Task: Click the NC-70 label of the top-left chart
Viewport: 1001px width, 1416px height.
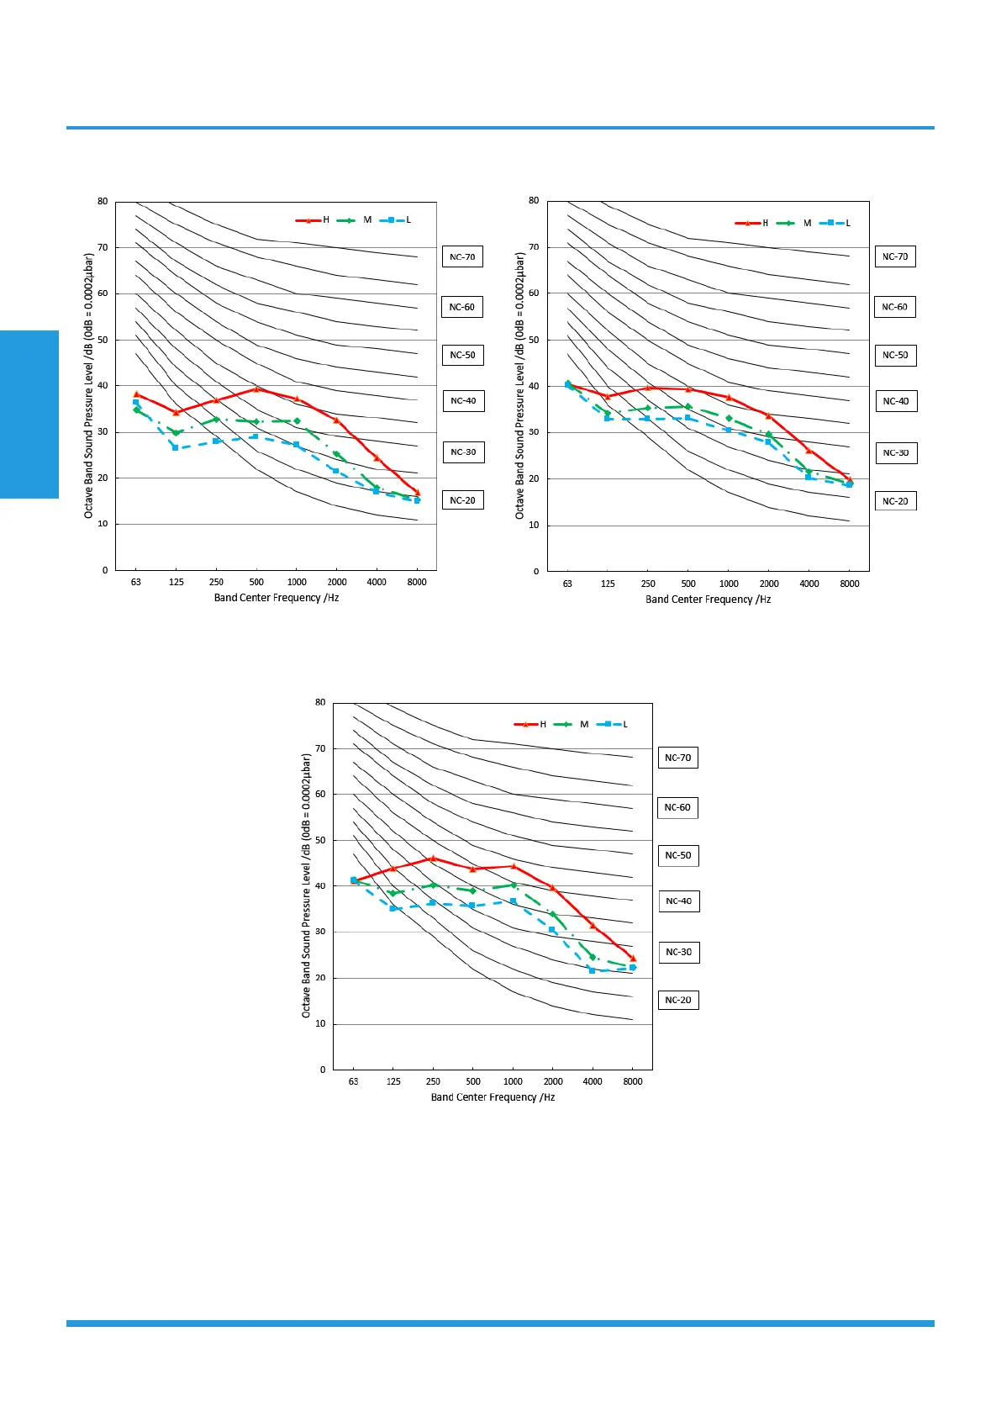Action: tap(462, 256)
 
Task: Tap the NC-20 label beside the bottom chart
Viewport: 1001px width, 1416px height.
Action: tap(678, 1000)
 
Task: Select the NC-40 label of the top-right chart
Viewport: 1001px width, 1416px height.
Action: tap(895, 401)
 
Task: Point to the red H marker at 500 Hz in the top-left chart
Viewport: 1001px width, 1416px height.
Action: tap(256, 388)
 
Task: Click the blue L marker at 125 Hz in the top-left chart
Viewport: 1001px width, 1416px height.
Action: tap(176, 447)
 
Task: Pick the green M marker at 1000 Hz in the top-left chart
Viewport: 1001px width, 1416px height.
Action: tap(297, 420)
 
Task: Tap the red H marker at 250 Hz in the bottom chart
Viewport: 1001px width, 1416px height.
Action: tap(433, 859)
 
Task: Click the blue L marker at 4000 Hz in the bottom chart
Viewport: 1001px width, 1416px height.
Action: tap(593, 970)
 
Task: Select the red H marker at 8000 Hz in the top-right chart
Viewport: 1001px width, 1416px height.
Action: tap(849, 479)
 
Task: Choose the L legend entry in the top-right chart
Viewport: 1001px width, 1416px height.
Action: tap(836, 223)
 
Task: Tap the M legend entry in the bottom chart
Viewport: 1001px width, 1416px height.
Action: tap(572, 724)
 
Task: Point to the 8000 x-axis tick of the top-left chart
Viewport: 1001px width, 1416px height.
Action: tap(417, 582)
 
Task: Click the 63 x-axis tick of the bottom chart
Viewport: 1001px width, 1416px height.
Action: tap(354, 1081)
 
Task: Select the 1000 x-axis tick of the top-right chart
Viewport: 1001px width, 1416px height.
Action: tap(729, 584)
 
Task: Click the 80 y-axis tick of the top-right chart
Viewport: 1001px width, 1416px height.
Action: tap(534, 201)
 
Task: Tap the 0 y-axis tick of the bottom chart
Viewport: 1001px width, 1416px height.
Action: tap(323, 1070)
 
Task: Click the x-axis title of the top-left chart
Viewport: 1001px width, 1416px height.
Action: tap(276, 598)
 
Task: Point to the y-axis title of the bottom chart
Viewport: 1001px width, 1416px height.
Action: tap(307, 885)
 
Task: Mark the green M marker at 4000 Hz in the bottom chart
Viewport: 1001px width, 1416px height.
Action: tap(593, 957)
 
